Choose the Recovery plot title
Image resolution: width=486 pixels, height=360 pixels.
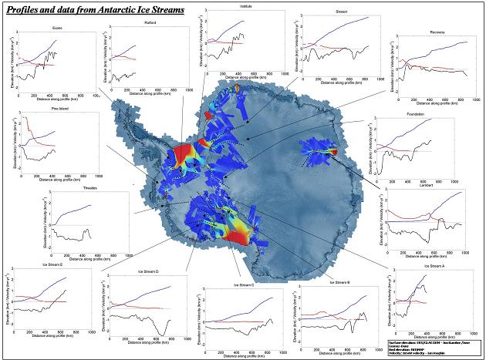tap(438, 33)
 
